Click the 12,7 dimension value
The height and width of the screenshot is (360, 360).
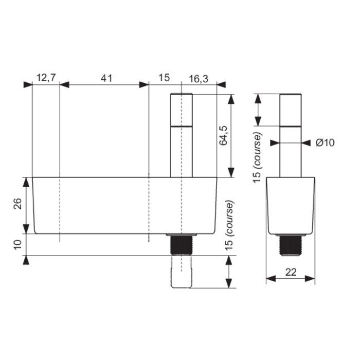46,78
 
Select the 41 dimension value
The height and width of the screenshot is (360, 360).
106,78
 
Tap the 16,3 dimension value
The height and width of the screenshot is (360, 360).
199,79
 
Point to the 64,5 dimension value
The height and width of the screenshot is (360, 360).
223,135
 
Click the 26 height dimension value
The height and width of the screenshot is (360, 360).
17,204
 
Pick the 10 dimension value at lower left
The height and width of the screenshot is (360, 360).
17,244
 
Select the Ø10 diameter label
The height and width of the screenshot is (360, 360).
325,143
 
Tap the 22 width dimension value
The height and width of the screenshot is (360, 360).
291,272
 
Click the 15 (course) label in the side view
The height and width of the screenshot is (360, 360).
257,157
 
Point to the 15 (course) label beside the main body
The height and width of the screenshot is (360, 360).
229,225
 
